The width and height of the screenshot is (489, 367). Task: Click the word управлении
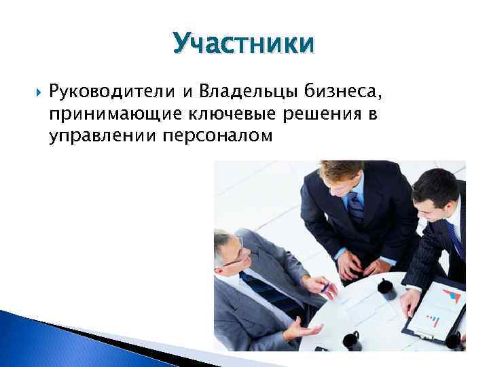[103, 137]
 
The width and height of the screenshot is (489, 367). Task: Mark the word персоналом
[217, 137]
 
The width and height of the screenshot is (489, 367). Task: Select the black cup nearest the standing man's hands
[386, 288]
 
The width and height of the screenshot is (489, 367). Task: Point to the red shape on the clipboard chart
[448, 296]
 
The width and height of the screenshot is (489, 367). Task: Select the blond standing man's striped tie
[355, 207]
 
